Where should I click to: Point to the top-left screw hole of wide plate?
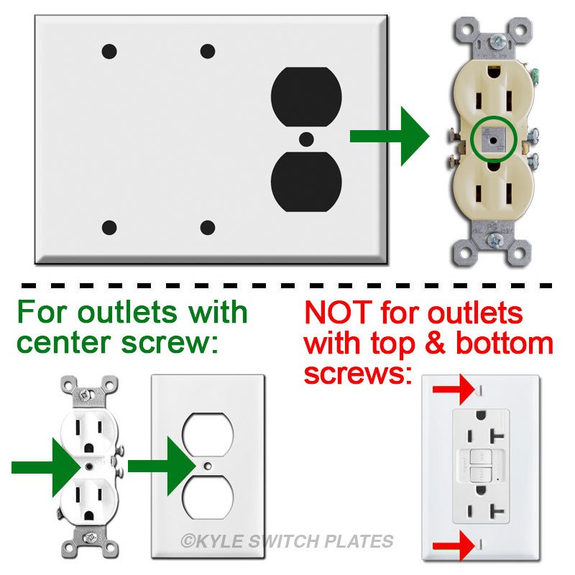(x=109, y=51)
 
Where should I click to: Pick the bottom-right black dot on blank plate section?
(x=208, y=229)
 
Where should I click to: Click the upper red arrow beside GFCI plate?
(x=452, y=390)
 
